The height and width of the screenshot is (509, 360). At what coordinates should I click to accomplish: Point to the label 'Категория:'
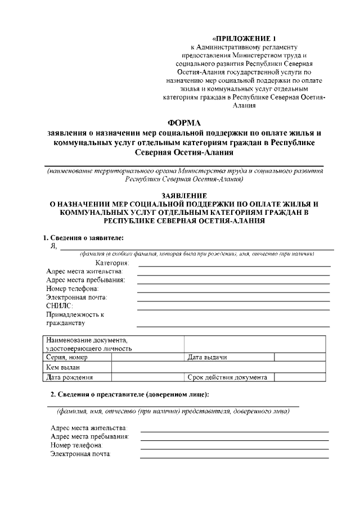tap(112, 263)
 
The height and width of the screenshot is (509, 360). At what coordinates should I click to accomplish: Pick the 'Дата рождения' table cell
tap(70, 377)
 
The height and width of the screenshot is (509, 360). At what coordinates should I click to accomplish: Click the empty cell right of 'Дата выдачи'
tap(299, 357)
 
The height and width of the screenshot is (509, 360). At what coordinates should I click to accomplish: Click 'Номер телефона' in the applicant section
tap(72, 289)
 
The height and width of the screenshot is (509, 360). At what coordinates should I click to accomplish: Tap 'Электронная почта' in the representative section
tap(81, 453)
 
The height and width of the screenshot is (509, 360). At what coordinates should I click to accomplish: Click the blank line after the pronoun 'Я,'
tap(197, 247)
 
